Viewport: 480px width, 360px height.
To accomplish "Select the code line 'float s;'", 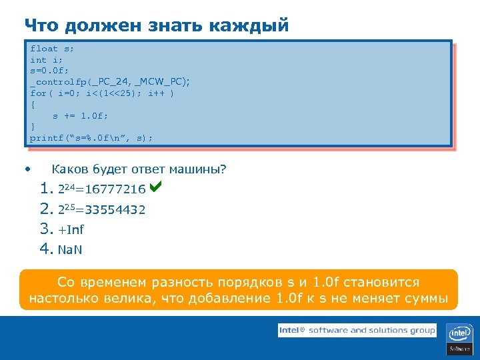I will (x=53, y=49).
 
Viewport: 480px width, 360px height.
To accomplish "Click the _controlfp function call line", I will (x=109, y=81).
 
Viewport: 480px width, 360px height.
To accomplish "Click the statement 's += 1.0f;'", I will (x=80, y=115).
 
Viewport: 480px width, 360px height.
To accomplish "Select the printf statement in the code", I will (x=91, y=138).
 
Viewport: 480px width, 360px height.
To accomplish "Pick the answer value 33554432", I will (x=119, y=211).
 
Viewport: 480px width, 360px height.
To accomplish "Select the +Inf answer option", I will (x=71, y=231).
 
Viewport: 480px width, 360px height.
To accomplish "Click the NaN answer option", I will (x=70, y=250).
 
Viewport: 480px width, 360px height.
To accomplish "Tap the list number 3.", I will (x=45, y=230).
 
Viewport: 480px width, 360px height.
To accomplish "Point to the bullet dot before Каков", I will (x=27, y=169).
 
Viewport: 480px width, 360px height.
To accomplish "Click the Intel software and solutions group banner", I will (x=357, y=330).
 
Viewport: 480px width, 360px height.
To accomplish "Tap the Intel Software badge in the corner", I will (x=460, y=339).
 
